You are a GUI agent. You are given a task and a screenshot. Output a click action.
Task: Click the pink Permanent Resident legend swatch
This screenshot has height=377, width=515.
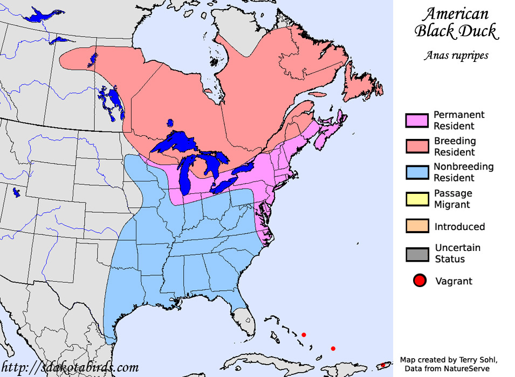pos(416,120)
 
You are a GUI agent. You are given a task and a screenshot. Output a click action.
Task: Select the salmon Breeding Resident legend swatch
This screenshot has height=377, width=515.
pos(416,146)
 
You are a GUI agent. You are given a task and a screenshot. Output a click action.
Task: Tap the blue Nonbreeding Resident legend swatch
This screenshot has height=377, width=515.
pos(416,172)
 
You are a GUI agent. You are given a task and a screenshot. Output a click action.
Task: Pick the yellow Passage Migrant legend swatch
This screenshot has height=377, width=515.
pos(416,199)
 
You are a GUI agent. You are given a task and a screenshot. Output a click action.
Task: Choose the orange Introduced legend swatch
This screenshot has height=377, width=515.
pos(416,226)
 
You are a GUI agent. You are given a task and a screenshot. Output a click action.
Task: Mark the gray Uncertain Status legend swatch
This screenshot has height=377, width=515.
pos(416,254)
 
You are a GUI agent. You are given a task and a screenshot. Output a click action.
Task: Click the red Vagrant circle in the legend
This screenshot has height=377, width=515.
pos(420,281)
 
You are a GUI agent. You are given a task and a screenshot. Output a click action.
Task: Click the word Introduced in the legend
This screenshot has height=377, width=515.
pos(459,227)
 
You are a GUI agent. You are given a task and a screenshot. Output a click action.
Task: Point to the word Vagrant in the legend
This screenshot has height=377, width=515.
pos(454,281)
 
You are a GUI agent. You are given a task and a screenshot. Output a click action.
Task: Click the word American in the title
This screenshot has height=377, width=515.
pos(455,13)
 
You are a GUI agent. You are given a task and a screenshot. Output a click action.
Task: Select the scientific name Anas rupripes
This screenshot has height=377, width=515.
pos(456,55)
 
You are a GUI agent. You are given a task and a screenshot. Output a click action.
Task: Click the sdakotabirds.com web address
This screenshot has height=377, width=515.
pos(70,367)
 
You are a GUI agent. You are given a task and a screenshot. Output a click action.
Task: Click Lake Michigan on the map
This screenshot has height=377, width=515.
pos(187,176)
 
